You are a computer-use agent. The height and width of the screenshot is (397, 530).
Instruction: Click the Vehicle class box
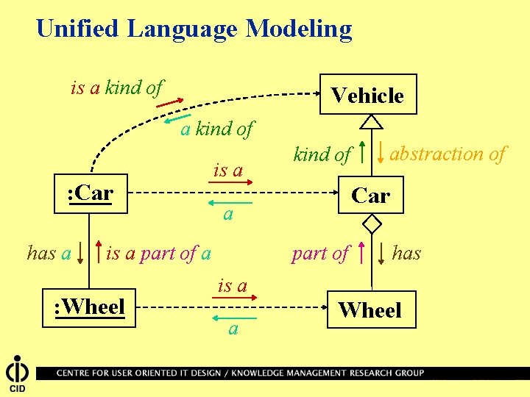coord(368,95)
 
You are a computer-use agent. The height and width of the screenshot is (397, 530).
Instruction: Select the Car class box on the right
coord(370,196)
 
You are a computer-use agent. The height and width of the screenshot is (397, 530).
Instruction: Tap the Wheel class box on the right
coord(370,310)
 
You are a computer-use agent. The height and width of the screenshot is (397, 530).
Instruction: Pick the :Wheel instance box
coord(90,306)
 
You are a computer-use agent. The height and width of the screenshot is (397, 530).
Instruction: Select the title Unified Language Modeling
coord(194,29)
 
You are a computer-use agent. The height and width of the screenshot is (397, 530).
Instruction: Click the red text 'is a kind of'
coord(116,88)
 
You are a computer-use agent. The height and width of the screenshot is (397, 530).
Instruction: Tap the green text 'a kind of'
coord(216,129)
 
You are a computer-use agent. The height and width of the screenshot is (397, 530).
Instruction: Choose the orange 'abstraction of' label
coord(448,154)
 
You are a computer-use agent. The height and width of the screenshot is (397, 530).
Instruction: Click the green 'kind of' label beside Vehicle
coord(322,154)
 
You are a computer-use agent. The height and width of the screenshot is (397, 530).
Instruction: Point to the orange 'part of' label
coord(319,254)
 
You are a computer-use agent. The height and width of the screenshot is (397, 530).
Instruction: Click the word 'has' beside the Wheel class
coord(406,254)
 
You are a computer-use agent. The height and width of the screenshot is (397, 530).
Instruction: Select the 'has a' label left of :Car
coord(49,254)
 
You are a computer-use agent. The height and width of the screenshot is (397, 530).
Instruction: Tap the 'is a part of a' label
coord(158,254)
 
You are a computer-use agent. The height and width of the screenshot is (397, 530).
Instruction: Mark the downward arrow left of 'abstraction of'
coord(381,151)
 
